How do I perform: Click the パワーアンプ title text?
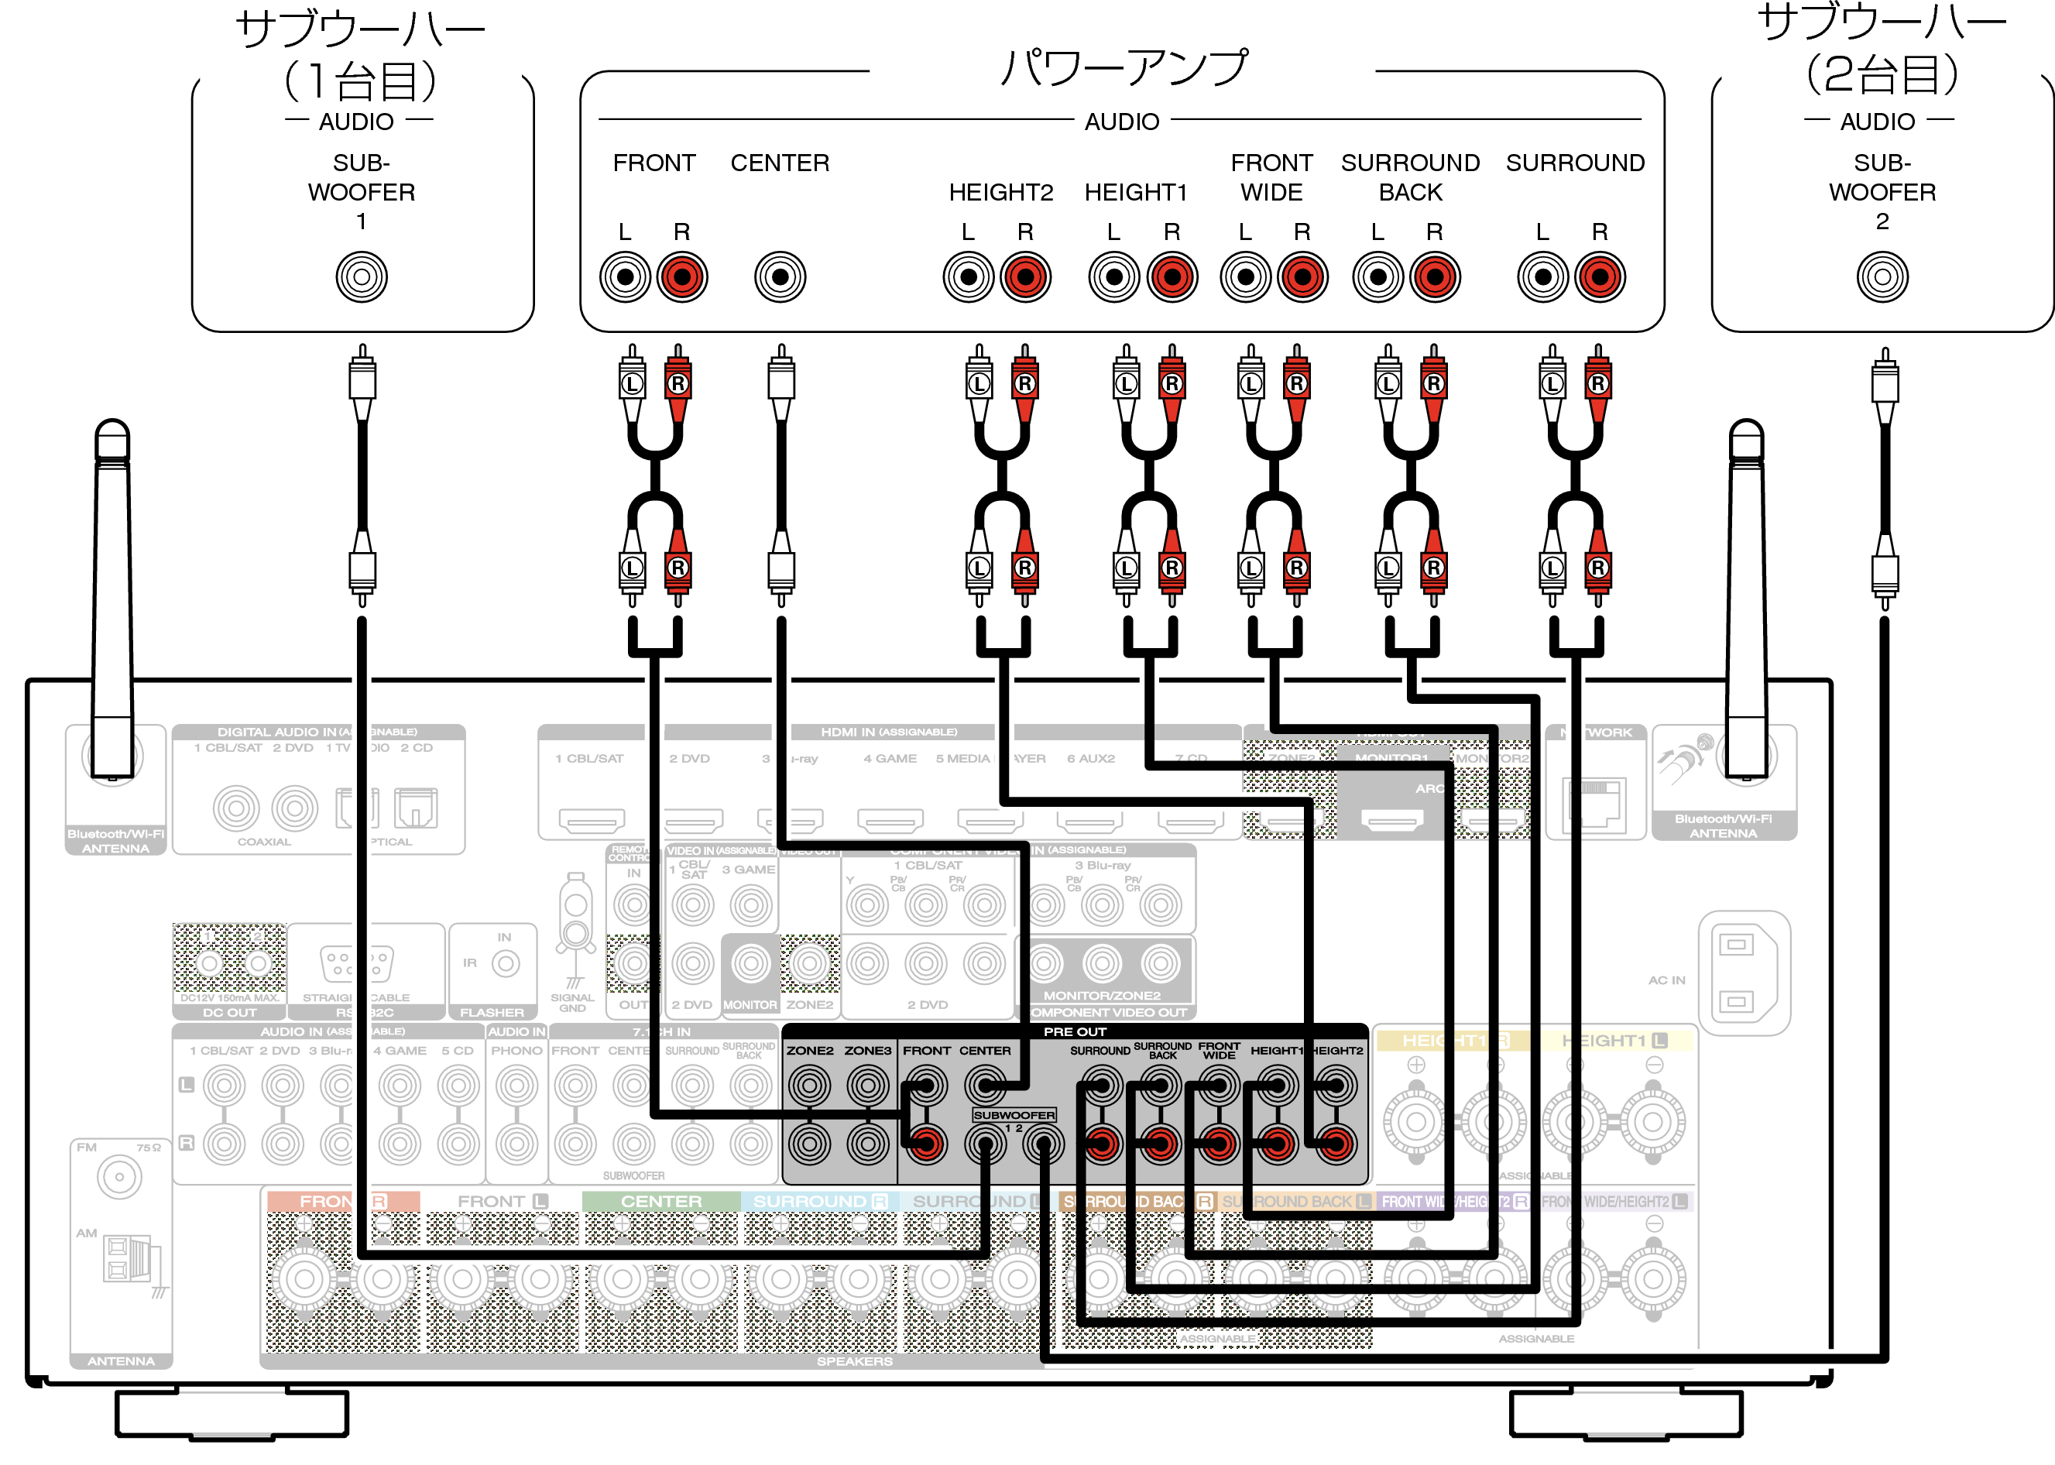tap(1122, 67)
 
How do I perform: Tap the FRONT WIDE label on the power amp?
tap(1271, 178)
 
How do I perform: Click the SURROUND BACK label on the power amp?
tap(1410, 178)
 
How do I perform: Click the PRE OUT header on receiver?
tap(1075, 1031)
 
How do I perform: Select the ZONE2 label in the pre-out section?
tap(809, 1051)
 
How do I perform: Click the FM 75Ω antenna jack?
tap(119, 1176)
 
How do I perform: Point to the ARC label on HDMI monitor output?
tap(1429, 788)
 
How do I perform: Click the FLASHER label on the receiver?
tap(492, 1012)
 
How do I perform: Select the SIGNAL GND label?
tap(572, 1002)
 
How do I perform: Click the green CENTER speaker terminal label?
tap(661, 1202)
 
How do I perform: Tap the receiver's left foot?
tap(232, 1414)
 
